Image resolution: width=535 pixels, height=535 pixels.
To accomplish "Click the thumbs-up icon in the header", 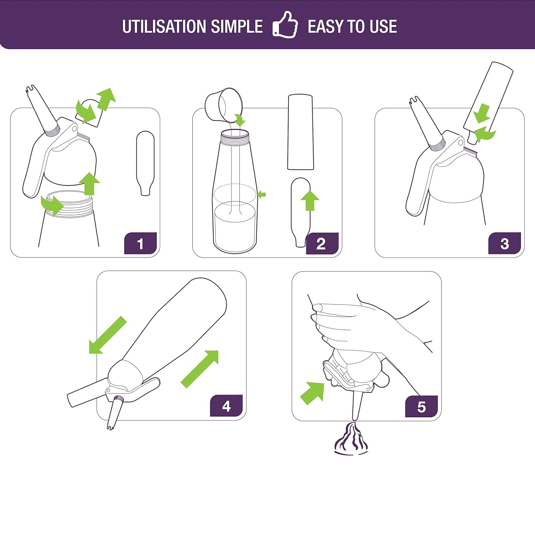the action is point(285,25).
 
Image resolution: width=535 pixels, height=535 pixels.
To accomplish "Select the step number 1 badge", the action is point(141,243).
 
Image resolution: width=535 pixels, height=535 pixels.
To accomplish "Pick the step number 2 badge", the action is point(322,244).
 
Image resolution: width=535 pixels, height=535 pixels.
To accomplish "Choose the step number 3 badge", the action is point(504,243).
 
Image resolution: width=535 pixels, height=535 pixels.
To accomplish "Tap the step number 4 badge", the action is point(226,406).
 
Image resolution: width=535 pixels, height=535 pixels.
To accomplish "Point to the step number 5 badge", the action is point(421,406).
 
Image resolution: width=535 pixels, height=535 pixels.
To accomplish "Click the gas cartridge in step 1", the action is point(145,163).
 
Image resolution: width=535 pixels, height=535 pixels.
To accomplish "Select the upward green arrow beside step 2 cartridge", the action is point(310,200).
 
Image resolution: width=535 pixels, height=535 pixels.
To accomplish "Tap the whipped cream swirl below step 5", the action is point(351,439).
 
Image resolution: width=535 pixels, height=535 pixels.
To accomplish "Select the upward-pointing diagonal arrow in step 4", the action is point(200,369).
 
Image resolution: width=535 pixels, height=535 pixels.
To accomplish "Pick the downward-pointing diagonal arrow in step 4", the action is point(108,335).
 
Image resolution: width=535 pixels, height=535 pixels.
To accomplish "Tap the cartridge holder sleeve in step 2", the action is point(301,132).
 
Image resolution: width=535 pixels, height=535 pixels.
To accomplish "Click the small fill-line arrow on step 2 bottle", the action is point(261,195).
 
